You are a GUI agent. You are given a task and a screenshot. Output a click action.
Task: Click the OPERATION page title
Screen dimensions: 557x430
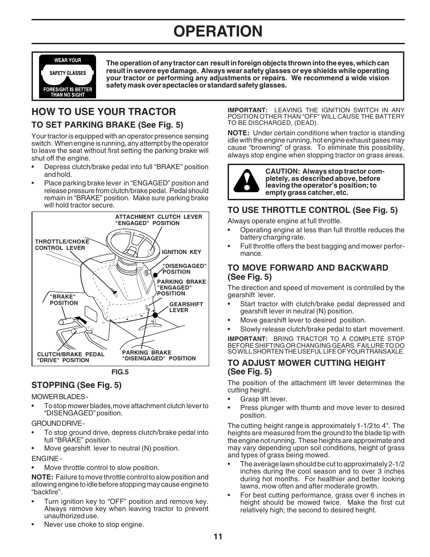(x=218, y=31)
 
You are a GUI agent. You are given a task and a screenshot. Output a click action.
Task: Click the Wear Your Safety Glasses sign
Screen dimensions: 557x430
(x=68, y=76)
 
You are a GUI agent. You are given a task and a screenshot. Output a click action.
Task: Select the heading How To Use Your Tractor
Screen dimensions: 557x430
(x=104, y=112)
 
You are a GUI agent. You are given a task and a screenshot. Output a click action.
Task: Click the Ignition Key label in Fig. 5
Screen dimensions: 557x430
(x=181, y=252)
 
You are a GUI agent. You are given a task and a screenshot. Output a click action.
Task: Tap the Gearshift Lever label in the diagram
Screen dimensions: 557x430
(x=186, y=307)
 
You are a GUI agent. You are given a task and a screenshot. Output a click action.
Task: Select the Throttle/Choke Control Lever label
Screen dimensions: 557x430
(x=62, y=244)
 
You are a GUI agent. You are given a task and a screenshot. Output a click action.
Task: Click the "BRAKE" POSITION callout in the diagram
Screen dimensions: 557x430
(x=64, y=300)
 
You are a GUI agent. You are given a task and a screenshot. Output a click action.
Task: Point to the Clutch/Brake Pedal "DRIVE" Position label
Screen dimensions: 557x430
(x=70, y=357)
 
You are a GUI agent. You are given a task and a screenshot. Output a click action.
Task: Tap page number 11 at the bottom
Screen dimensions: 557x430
(x=218, y=537)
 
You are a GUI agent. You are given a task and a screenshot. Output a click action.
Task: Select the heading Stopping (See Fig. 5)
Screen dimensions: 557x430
(x=76, y=385)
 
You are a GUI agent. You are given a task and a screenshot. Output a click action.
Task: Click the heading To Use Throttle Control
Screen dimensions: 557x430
(x=312, y=210)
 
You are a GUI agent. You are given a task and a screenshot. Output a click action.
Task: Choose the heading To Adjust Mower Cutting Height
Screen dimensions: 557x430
(x=306, y=367)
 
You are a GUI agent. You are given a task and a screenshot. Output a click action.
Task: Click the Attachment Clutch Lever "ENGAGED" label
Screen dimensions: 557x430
(x=159, y=220)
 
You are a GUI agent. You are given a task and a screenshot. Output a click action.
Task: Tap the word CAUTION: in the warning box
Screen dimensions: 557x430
(x=282, y=171)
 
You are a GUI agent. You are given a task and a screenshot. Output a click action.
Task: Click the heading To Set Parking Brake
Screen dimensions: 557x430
(x=107, y=125)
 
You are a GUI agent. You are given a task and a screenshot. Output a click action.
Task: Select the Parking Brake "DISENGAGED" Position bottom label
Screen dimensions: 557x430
(x=159, y=355)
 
